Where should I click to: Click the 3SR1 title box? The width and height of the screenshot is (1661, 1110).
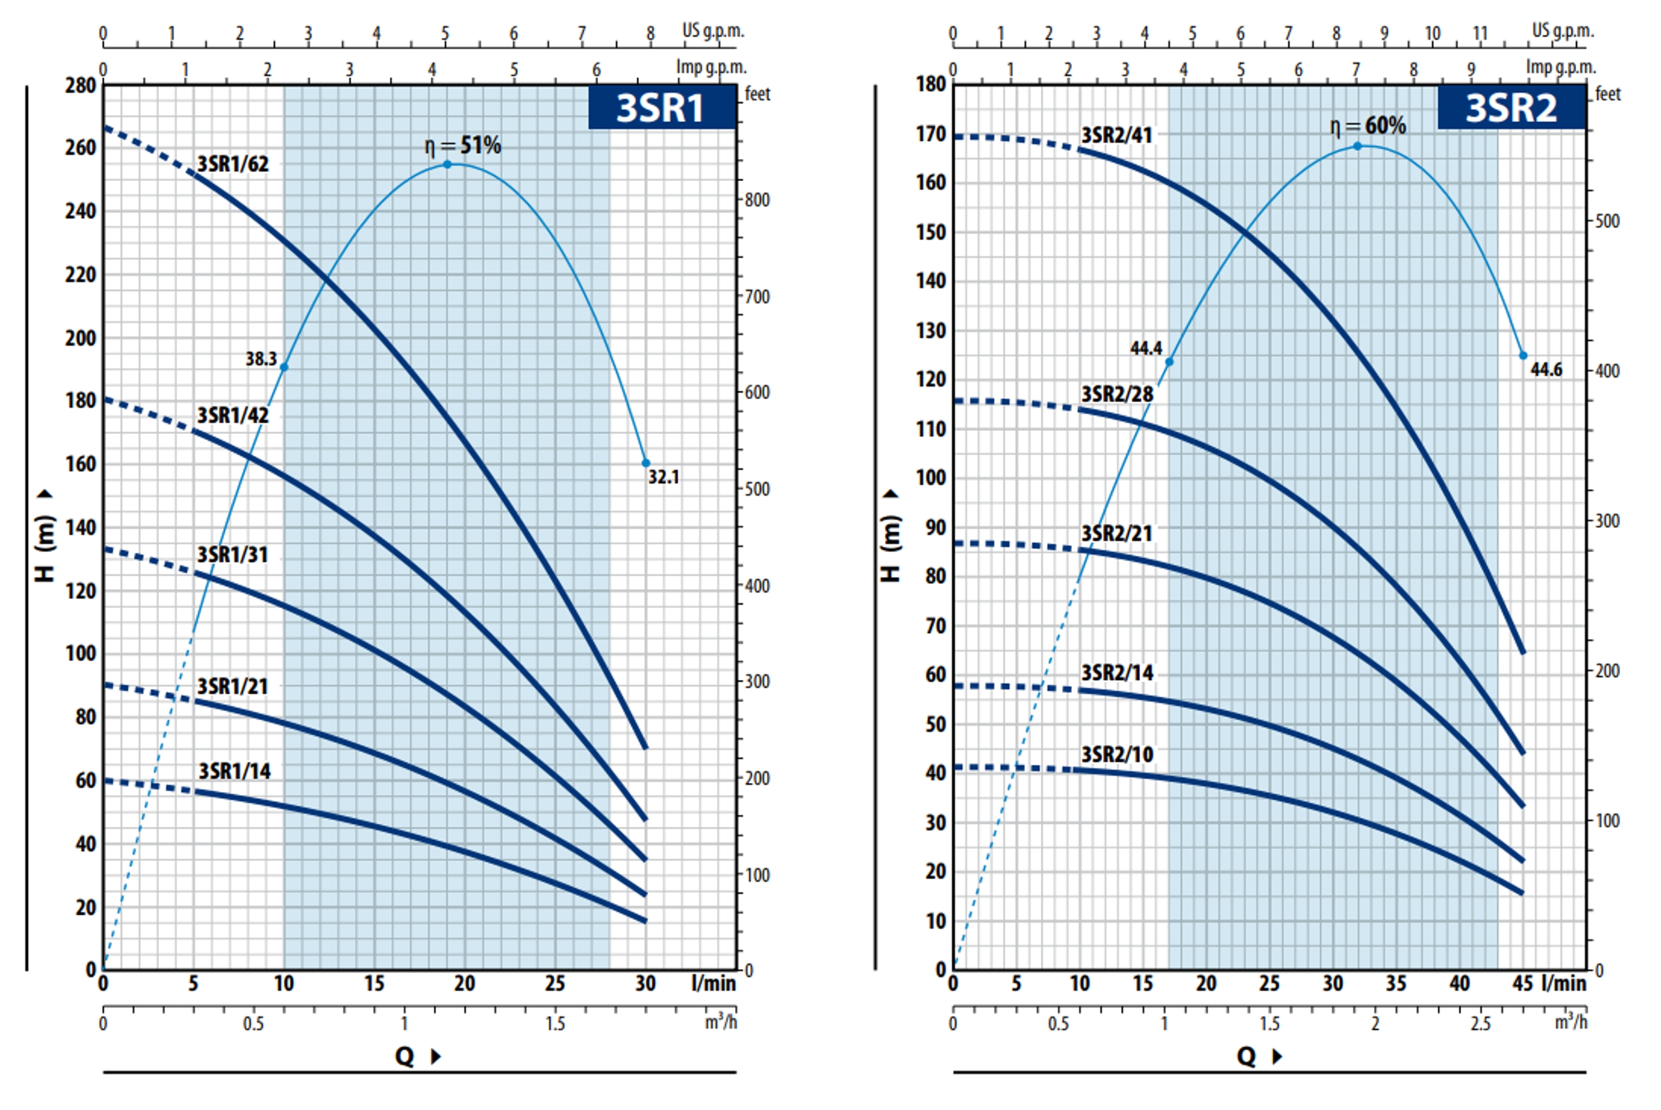coord(661,107)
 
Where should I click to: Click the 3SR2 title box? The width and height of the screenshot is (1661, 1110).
coord(1511,107)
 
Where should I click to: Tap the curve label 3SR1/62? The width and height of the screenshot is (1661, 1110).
coord(233,164)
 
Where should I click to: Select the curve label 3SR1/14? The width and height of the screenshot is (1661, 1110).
coord(234,771)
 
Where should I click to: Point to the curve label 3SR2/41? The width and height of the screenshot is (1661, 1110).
coord(1117,135)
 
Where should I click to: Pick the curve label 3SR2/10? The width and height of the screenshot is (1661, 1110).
coord(1117,754)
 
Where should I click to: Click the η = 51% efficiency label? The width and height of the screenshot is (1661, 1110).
coord(463,145)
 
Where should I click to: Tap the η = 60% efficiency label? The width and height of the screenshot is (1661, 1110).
coord(1368,126)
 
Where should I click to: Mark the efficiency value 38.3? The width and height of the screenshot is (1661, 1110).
coord(261,359)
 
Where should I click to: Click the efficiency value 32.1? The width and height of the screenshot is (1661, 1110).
coord(663,477)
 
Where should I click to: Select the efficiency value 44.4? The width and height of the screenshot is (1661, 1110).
coord(1146,348)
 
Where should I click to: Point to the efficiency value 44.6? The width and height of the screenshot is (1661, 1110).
coord(1546,370)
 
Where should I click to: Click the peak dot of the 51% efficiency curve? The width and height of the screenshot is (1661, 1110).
coord(448,164)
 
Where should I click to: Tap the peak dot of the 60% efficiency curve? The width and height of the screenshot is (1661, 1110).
coord(1357,146)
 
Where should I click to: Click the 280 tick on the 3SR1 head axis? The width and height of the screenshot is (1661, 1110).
coord(80,86)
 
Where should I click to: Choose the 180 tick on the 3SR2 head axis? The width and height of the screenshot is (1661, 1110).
coord(930,84)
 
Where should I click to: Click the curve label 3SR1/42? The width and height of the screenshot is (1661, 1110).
coord(233,415)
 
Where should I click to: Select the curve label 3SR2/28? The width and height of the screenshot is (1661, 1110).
coord(1117,394)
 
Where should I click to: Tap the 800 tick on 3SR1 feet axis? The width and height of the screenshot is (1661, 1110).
coord(757,200)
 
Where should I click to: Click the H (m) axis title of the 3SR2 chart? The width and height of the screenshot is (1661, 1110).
coord(890,538)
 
